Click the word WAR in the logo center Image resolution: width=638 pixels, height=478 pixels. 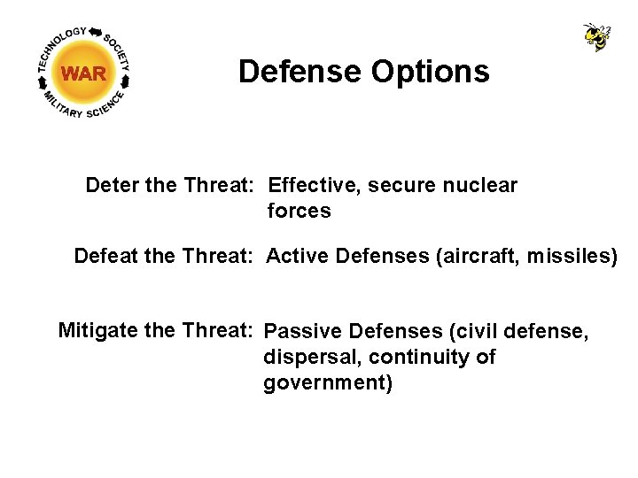[84, 73]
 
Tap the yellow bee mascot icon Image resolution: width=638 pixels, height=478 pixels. [596, 36]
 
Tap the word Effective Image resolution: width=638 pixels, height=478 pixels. [314, 186]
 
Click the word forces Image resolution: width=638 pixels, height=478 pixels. [299, 212]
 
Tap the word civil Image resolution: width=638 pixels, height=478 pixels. [475, 332]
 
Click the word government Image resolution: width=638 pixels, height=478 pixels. [327, 383]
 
